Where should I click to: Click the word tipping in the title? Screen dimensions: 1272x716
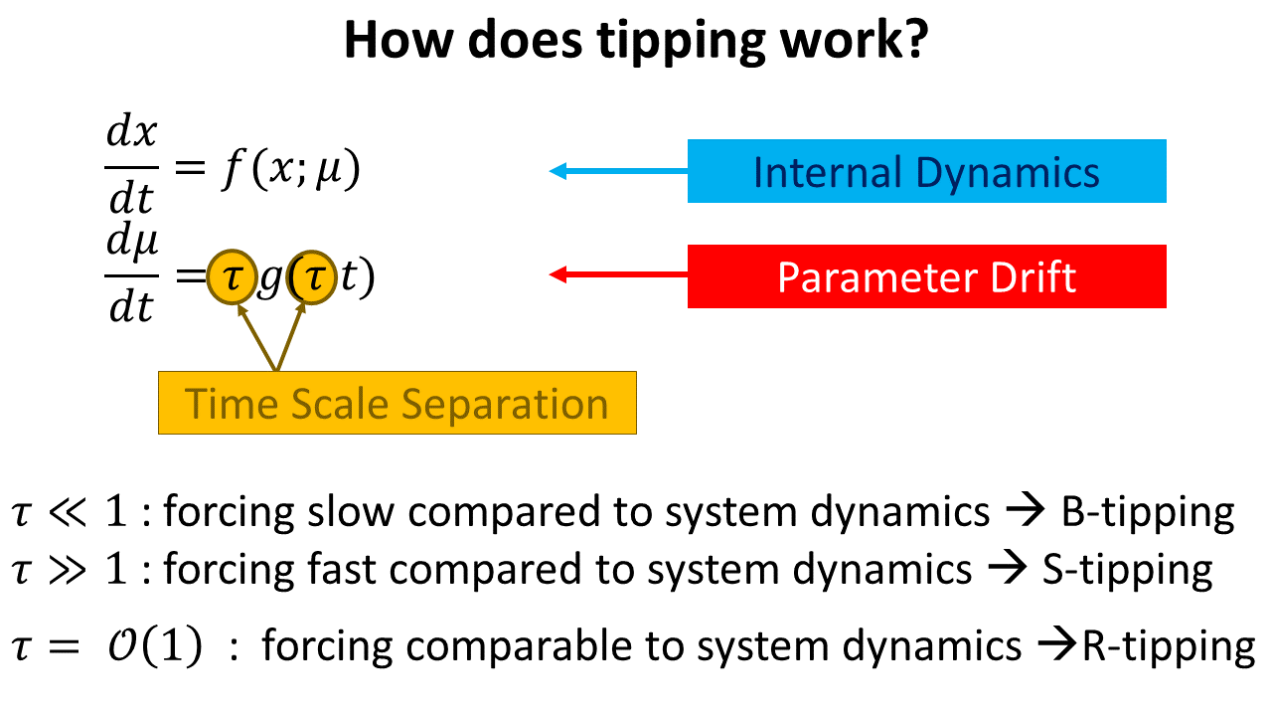pos(682,41)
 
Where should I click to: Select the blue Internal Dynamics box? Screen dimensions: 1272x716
pos(927,171)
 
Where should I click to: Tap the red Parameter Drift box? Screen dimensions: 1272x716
pos(927,276)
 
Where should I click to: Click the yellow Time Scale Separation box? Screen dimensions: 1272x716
pos(397,403)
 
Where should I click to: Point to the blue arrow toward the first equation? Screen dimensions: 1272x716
pos(618,171)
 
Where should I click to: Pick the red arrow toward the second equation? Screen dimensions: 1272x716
pos(618,275)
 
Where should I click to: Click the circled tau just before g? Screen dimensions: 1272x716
pos(232,277)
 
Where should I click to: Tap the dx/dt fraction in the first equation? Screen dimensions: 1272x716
pos(132,164)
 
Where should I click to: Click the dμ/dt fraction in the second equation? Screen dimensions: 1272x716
pos(132,272)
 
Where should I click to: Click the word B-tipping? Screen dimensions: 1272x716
pos(1148,512)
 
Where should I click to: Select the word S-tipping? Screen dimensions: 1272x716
pos(1128,570)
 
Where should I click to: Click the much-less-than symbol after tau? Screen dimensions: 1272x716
pos(68,512)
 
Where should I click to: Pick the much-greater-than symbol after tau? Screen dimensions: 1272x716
pos(68,570)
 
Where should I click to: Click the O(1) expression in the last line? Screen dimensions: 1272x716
pos(155,645)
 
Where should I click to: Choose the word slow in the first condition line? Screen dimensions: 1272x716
pos(351,511)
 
